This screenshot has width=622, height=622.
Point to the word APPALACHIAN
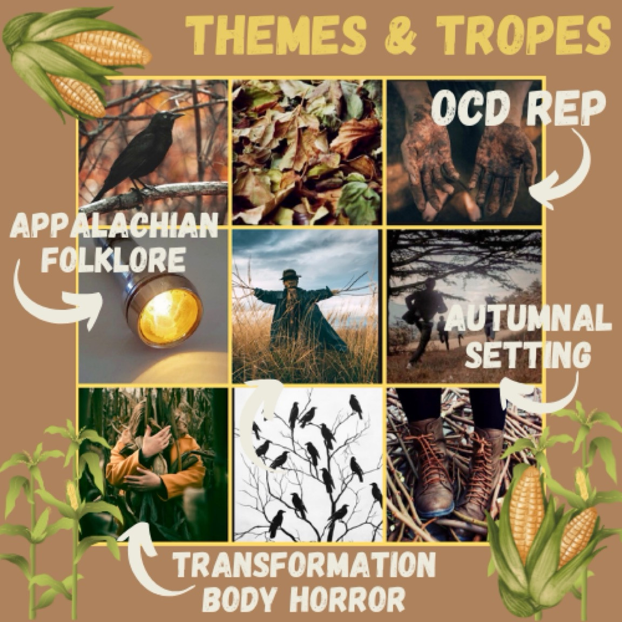point(114,225)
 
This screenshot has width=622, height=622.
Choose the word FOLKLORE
point(113,259)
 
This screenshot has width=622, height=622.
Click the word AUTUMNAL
point(528,319)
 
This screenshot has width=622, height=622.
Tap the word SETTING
point(528,354)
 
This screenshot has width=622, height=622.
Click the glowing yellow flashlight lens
point(170,316)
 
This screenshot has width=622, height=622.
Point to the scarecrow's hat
point(290,274)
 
